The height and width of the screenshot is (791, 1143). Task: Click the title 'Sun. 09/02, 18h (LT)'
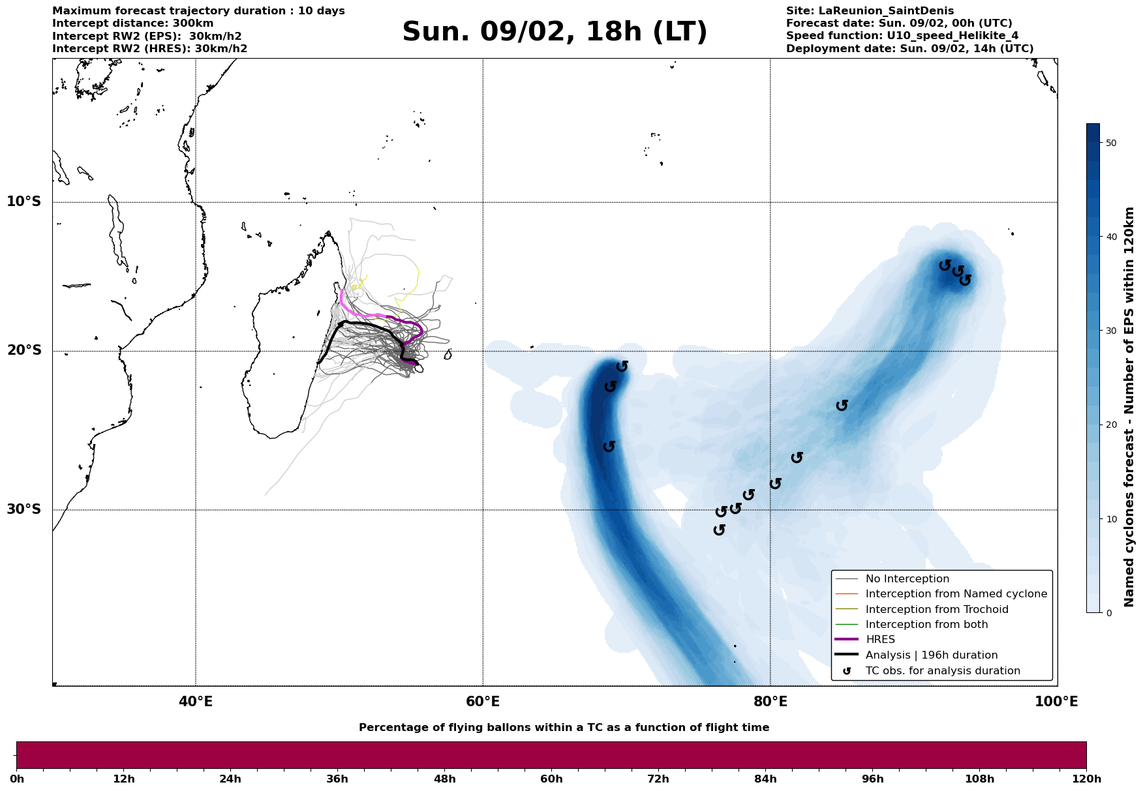pyautogui.click(x=555, y=33)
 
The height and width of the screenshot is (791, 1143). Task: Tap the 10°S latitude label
pyautogui.click(x=24, y=201)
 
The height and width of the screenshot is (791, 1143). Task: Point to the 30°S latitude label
pyautogui.click(x=24, y=509)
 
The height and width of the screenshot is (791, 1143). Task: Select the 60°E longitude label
pyautogui.click(x=483, y=702)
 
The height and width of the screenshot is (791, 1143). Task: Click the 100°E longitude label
pyautogui.click(x=1057, y=702)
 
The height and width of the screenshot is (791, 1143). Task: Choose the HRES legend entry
pyautogui.click(x=880, y=640)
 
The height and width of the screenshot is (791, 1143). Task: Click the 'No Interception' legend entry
pyautogui.click(x=907, y=579)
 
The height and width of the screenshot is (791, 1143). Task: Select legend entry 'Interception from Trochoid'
pyautogui.click(x=936, y=610)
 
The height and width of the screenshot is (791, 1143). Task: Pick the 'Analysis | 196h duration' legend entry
pyautogui.click(x=931, y=655)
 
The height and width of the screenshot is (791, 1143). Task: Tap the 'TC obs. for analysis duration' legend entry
pyautogui.click(x=942, y=671)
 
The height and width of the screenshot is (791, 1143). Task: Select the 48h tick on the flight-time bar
pyautogui.click(x=445, y=779)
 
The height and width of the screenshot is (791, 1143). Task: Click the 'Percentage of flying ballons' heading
pyautogui.click(x=564, y=728)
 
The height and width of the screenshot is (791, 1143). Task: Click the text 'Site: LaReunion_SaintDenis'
pyautogui.click(x=870, y=11)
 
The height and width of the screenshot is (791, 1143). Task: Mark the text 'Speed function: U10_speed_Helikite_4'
pyautogui.click(x=902, y=36)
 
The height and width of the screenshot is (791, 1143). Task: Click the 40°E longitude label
pyautogui.click(x=196, y=702)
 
